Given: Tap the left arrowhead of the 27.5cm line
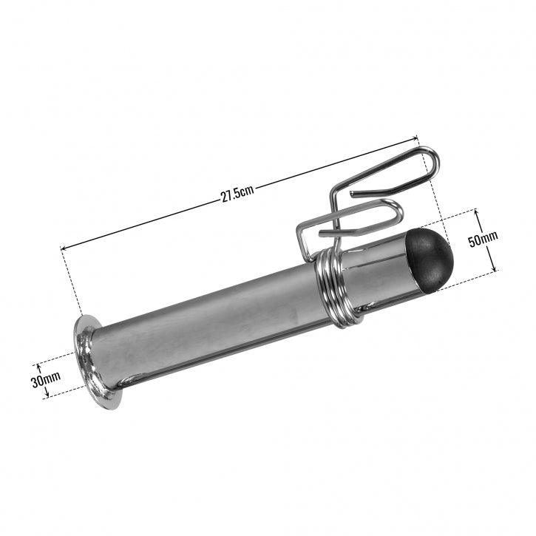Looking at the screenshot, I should tap(64, 248).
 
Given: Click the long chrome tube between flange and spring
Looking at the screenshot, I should tap(207, 318).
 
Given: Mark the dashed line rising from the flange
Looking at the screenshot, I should tap(72, 285).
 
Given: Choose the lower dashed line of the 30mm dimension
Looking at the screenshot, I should tap(63, 393).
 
